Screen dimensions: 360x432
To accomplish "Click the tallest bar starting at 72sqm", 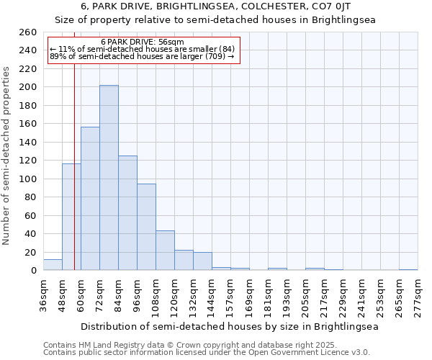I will tap(109, 178).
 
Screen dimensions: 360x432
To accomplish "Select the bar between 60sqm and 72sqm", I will tap(90, 199).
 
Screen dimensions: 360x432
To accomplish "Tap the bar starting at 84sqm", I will tap(127, 213).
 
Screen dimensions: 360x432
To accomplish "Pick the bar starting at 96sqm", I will tap(146, 227).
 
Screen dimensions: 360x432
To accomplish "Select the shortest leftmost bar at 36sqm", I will tap(53, 265).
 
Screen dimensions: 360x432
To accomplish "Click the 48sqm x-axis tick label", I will tap(62, 296).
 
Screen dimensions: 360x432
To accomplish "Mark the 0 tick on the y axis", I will tap(33, 271).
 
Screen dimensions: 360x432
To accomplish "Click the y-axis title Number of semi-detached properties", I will tap(7, 155).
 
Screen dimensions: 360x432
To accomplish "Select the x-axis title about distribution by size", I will tap(229, 326).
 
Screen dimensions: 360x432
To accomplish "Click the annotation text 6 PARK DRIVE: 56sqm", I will tap(143, 42).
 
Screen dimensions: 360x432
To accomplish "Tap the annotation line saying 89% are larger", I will tap(143, 56).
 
